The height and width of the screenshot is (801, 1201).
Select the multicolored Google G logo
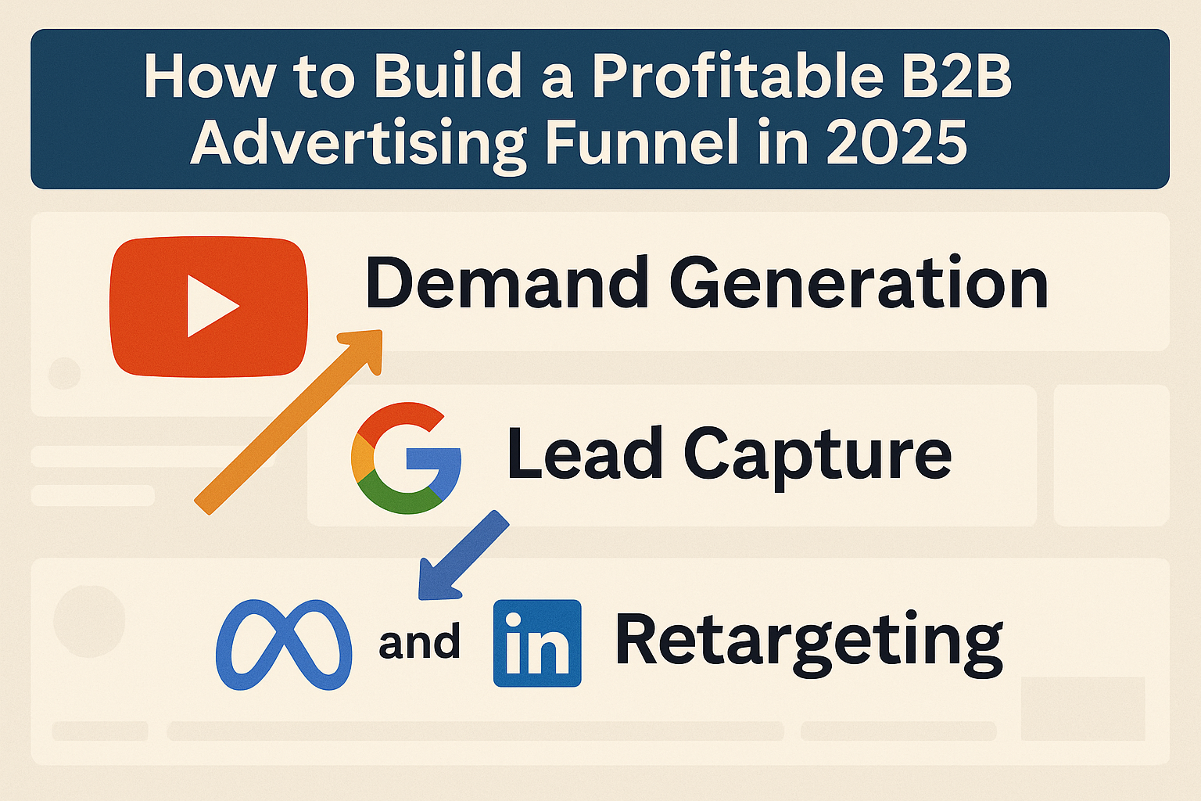point(406,458)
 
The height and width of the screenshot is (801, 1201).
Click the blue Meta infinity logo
point(284,645)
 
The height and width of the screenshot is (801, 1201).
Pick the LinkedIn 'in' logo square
point(537,643)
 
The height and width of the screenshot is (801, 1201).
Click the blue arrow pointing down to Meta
point(461,556)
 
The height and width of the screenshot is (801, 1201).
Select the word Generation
point(858,283)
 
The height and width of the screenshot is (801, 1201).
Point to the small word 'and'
point(419,643)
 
